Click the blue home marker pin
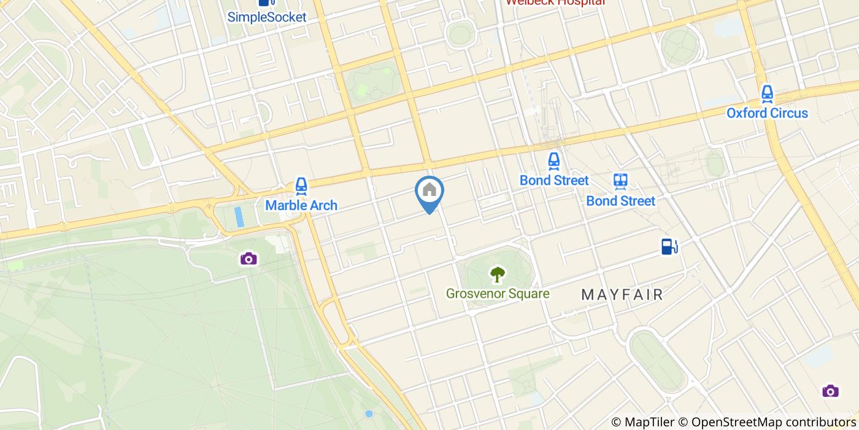point(429,192)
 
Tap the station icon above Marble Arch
point(301,185)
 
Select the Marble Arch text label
point(301,205)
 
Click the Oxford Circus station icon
point(767,94)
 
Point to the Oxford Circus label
point(767,113)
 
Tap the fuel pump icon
point(669,246)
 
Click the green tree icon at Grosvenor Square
point(497,274)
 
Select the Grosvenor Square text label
point(498,294)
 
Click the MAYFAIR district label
point(622,295)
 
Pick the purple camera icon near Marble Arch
point(248,258)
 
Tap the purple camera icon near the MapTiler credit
point(830,391)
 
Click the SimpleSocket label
point(267,17)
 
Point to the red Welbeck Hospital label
point(555,2)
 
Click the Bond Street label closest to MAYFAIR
point(620,201)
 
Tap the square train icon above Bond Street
point(620,181)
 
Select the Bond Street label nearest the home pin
point(554,181)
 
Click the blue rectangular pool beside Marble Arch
point(239,216)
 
